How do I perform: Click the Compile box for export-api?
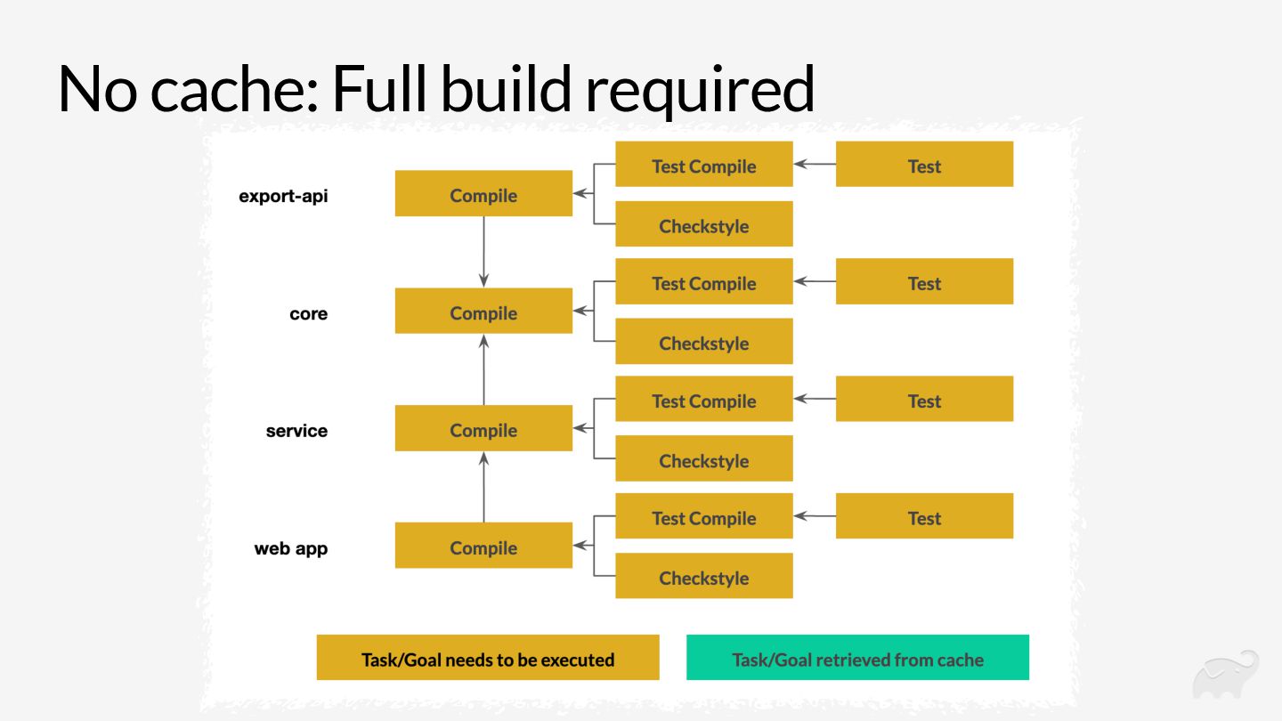point(483,194)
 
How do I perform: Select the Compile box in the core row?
point(483,312)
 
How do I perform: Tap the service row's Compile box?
point(483,429)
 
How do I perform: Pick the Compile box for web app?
point(483,547)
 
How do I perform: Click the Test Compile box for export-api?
point(703,165)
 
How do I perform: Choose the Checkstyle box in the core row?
point(703,342)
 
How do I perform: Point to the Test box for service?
point(924,400)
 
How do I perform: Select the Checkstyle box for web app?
point(703,577)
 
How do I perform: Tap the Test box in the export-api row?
point(924,165)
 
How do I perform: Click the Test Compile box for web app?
point(703,517)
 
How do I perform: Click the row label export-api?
point(283,196)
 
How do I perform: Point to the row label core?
point(308,313)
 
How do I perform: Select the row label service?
point(296,431)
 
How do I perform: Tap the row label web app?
point(290,548)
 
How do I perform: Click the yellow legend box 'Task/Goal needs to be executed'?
point(488,659)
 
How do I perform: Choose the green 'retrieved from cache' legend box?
point(857,659)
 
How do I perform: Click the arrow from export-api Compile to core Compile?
point(483,251)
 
